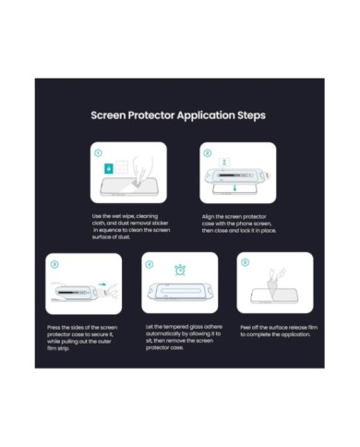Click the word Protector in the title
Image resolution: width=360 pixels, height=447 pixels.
(x=151, y=115)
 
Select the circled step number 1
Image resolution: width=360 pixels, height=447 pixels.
(x=98, y=153)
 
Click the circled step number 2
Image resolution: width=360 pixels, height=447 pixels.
(x=208, y=153)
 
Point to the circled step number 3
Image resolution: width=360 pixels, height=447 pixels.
(x=54, y=264)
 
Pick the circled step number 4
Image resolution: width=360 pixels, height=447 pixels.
(x=150, y=264)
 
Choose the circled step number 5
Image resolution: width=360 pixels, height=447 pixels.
(x=245, y=262)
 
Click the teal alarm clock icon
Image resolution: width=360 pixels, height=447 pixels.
(x=180, y=270)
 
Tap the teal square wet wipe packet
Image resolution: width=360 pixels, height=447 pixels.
(x=109, y=169)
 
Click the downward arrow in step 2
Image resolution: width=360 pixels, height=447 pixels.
(x=234, y=187)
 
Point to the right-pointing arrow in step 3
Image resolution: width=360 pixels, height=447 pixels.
(x=102, y=284)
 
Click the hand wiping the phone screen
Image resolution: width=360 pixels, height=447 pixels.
(x=142, y=172)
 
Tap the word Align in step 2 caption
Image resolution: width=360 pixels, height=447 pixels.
(x=209, y=217)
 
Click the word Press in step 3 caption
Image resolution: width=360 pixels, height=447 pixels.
(x=54, y=328)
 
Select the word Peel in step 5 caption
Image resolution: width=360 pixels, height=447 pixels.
(x=246, y=328)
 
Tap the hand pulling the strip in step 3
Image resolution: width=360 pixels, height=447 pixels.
(x=112, y=291)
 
